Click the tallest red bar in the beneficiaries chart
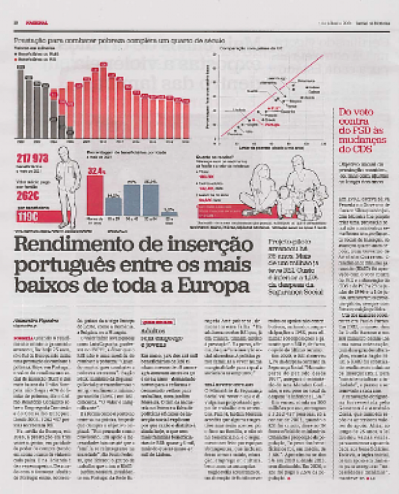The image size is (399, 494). pos(103,100)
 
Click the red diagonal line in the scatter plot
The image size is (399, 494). pos(266,106)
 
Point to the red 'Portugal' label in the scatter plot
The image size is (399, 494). pos(272,123)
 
